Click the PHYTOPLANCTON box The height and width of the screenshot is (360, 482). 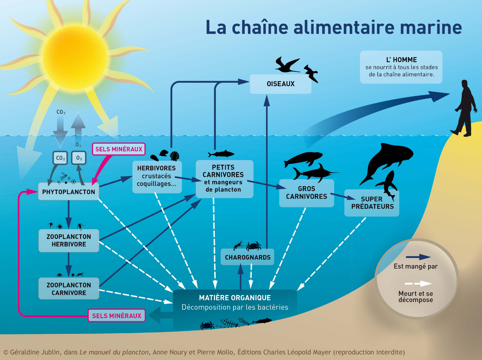[x=68, y=192]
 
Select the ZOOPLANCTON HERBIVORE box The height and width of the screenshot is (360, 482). [x=69, y=240]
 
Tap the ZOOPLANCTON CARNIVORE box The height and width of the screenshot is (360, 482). [x=69, y=289]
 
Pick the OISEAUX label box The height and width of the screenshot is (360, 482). [x=280, y=84]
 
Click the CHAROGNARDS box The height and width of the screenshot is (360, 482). [x=247, y=257]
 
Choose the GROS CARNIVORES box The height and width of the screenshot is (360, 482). [x=306, y=193]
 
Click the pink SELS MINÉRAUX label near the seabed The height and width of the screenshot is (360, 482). [x=116, y=316]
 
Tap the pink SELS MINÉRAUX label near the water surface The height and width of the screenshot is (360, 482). [x=118, y=149]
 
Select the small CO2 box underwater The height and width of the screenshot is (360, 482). [x=60, y=158]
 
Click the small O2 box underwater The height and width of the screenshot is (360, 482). [x=79, y=158]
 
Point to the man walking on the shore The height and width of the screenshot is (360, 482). [x=464, y=108]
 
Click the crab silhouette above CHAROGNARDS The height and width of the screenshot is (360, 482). [x=254, y=246]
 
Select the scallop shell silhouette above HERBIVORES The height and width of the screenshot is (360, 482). [x=175, y=156]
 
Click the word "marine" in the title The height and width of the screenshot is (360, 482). [x=431, y=27]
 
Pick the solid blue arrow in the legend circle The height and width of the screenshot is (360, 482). [x=418, y=257]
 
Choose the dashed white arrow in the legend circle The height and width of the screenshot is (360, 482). [x=418, y=284]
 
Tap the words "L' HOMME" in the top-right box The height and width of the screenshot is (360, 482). [x=402, y=60]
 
